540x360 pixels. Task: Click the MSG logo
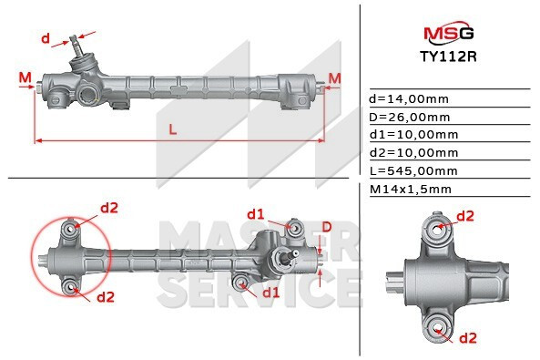448,34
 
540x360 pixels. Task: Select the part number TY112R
448,57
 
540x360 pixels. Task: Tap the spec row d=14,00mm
407,98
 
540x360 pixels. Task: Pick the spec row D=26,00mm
409,117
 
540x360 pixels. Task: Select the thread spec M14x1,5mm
410,190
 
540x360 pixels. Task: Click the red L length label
172,129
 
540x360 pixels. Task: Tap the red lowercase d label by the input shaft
46,38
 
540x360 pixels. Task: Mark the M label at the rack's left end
24,77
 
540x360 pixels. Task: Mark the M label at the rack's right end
334,77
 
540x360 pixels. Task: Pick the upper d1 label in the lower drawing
255,214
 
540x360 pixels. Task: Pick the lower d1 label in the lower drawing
270,293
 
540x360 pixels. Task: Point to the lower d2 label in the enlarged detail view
468,338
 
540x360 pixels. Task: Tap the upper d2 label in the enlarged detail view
464,216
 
